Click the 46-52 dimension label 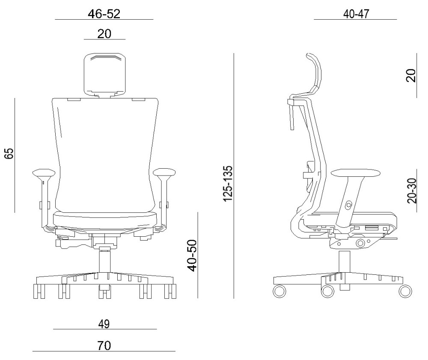[104, 14]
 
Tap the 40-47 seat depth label [356, 14]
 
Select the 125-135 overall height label [228, 183]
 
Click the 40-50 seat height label [192, 256]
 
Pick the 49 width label [104, 324]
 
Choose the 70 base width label [104, 346]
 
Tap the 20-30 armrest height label [412, 191]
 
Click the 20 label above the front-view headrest [104, 34]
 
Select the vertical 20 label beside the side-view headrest [411, 76]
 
